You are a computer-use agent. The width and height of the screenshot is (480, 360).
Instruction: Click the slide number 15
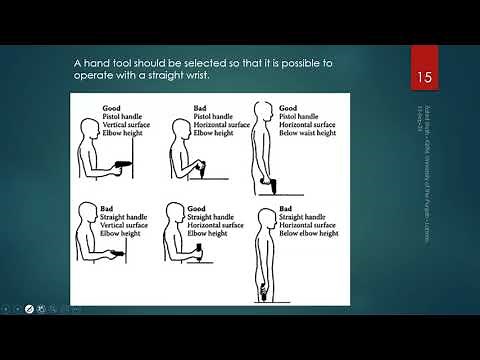422,77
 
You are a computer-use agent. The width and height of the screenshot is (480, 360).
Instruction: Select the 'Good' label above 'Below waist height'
288,107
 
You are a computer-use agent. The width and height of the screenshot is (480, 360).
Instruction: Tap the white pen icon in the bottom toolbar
29,308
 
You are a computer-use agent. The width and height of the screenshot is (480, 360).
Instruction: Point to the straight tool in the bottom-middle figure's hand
199,250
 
